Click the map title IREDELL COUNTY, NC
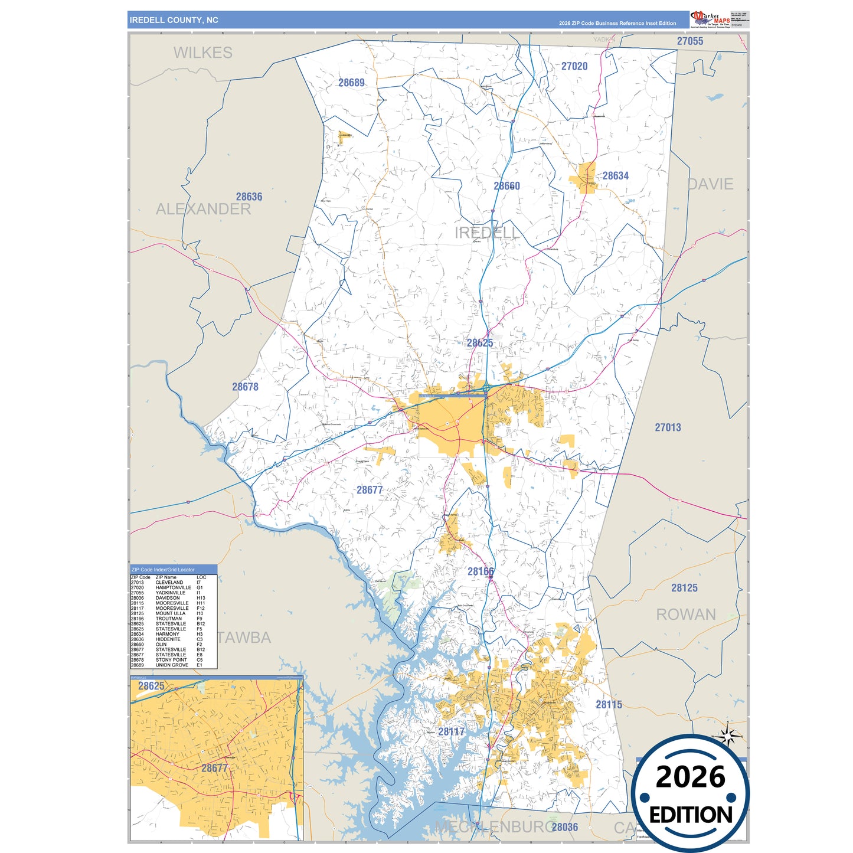click(x=174, y=20)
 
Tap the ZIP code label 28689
click(x=351, y=83)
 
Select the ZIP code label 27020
click(x=574, y=66)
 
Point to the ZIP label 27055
click(x=689, y=41)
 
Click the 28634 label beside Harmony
click(x=615, y=176)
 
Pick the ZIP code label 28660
click(x=506, y=186)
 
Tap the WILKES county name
click(x=202, y=53)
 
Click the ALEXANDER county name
click(x=203, y=209)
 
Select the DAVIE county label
click(x=710, y=184)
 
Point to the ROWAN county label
click(x=686, y=615)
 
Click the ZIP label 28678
click(x=245, y=387)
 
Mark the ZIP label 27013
click(x=668, y=427)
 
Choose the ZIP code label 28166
click(x=481, y=571)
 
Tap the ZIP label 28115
click(x=609, y=704)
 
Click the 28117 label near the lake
click(x=452, y=731)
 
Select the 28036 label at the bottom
click(x=564, y=827)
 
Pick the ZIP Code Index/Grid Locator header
click(x=163, y=570)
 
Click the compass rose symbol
click(x=728, y=736)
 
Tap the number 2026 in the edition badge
click(x=690, y=777)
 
